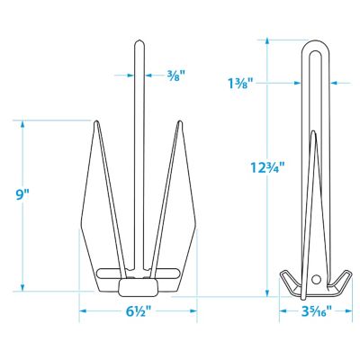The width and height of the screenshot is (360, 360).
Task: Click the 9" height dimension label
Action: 23,194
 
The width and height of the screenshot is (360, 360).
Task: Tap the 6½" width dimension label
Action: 138,312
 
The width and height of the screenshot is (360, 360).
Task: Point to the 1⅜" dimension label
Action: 240,84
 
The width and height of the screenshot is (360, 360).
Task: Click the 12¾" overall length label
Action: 265,167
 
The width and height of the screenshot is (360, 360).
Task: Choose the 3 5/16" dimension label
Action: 316,311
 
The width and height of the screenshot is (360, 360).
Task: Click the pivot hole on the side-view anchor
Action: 316,279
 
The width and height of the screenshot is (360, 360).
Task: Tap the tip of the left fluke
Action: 96,121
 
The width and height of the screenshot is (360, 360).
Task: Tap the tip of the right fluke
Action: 180,121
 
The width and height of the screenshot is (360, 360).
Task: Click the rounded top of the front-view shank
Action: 139,43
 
